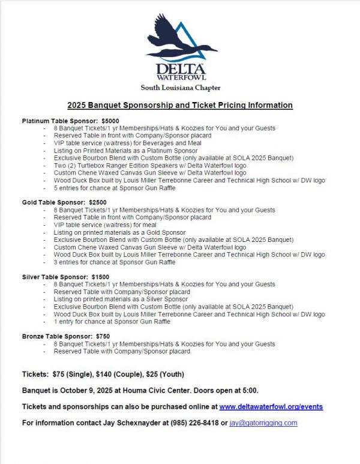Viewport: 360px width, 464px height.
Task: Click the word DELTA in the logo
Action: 180,69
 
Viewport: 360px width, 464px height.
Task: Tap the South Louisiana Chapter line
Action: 180,88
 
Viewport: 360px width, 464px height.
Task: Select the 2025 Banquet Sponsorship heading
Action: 180,105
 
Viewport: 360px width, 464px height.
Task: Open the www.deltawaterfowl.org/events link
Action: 271,406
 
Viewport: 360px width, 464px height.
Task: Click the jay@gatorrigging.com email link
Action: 264,423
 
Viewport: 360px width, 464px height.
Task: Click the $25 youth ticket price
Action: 154,374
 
